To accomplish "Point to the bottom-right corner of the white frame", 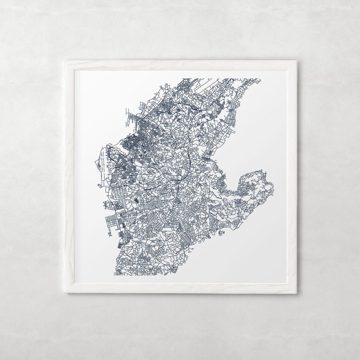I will pyautogui.click(x=297, y=293).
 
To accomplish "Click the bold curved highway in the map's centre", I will pyautogui.click(x=187, y=159).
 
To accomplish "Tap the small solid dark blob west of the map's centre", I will pyautogui.click(x=137, y=199).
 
